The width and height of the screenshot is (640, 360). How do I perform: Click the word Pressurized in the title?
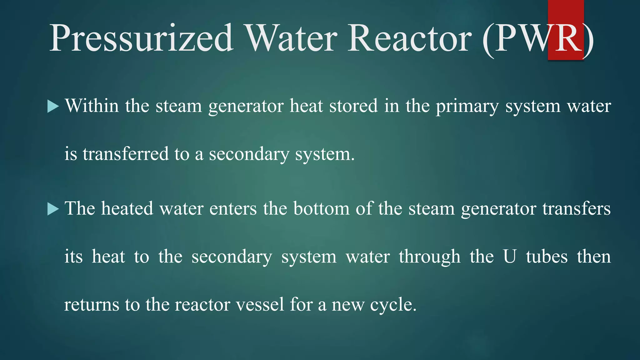(141, 38)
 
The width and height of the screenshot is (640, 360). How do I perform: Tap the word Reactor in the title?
(409, 38)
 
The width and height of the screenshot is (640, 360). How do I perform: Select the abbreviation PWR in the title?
(537, 38)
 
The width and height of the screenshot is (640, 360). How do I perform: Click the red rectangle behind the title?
(566, 12)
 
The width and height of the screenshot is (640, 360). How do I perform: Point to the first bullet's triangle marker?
(53, 107)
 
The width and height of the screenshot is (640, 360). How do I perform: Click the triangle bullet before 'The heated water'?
(53, 209)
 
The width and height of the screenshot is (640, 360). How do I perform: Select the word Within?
(92, 106)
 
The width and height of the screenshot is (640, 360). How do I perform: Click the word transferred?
(126, 154)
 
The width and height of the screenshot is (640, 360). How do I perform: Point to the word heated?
(127, 208)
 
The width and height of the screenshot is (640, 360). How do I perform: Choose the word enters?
(233, 209)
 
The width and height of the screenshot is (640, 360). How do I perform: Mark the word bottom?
(321, 209)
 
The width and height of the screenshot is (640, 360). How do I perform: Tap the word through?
(430, 257)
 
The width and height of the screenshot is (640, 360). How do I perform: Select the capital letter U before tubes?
(509, 257)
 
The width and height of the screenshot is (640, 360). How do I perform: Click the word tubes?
(547, 257)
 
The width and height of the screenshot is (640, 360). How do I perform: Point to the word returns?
(92, 305)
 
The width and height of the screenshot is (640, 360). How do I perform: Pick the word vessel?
(260, 305)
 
